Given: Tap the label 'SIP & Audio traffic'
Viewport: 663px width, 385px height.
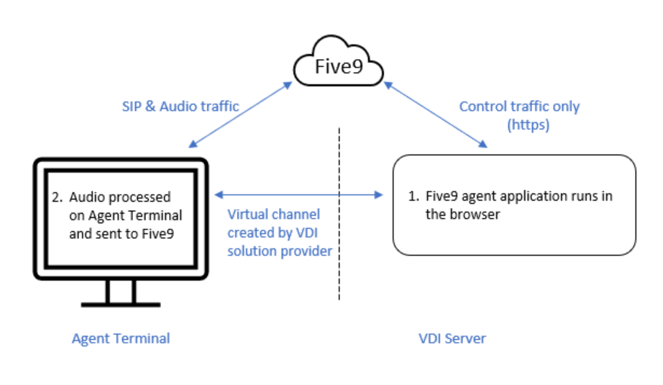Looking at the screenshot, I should pos(180,107).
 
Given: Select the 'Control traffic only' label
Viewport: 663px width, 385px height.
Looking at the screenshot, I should pos(519,107).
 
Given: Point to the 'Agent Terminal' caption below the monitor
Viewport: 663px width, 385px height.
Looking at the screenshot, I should pos(121,338).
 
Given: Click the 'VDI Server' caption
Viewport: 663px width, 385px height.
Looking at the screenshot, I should pos(452,338).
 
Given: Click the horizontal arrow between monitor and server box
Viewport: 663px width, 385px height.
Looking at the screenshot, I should pos(298,194).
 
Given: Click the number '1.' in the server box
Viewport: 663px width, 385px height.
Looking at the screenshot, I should pos(413,196).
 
